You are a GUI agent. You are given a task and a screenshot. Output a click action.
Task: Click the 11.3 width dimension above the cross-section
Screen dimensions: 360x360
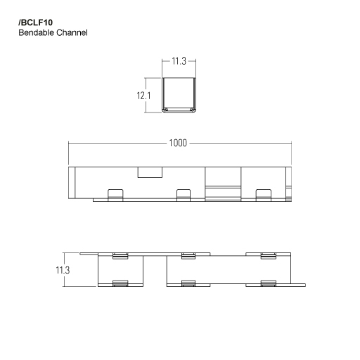[179, 62]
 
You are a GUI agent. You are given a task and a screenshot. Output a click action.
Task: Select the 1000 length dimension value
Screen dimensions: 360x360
[179, 143]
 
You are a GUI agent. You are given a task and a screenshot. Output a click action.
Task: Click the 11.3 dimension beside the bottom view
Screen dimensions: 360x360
[64, 269]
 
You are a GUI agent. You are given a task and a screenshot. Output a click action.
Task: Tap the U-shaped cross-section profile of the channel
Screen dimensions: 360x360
[179, 95]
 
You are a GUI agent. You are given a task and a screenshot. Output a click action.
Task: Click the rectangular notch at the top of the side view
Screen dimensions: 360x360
[149, 172]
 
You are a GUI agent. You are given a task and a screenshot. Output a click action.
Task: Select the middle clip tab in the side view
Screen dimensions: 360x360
[184, 194]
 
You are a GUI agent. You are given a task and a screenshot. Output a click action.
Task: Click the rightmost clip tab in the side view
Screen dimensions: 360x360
[264, 194]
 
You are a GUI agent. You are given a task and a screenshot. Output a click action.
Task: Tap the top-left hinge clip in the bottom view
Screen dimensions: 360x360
[119, 255]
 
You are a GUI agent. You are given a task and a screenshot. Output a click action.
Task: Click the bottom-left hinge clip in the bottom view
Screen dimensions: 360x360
[119, 283]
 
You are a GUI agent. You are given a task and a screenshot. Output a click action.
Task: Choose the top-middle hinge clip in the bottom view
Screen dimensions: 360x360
[188, 255]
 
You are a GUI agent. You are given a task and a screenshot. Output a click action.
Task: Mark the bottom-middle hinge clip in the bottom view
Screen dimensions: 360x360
[188, 283]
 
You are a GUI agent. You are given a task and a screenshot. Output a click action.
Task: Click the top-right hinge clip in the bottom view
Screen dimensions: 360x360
[268, 255]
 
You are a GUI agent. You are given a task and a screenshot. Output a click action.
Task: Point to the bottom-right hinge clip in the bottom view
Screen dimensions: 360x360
[268, 283]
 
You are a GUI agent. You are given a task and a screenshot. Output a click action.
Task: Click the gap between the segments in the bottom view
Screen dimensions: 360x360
[155, 271]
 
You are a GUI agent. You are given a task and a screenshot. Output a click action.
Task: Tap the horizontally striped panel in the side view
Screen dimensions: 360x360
[222, 189]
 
